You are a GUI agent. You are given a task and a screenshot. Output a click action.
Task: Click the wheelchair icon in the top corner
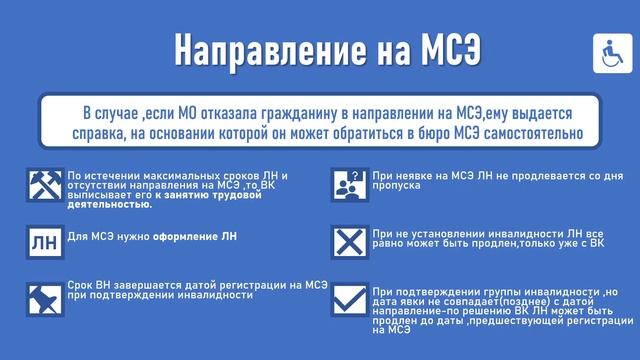click(x=610, y=48)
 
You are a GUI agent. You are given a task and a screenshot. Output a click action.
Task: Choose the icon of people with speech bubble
click(x=346, y=182)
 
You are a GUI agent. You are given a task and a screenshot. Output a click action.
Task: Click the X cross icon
click(x=346, y=241)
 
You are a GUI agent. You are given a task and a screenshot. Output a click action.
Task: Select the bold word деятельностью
click(x=110, y=204)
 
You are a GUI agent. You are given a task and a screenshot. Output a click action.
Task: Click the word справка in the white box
click(x=99, y=133)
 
